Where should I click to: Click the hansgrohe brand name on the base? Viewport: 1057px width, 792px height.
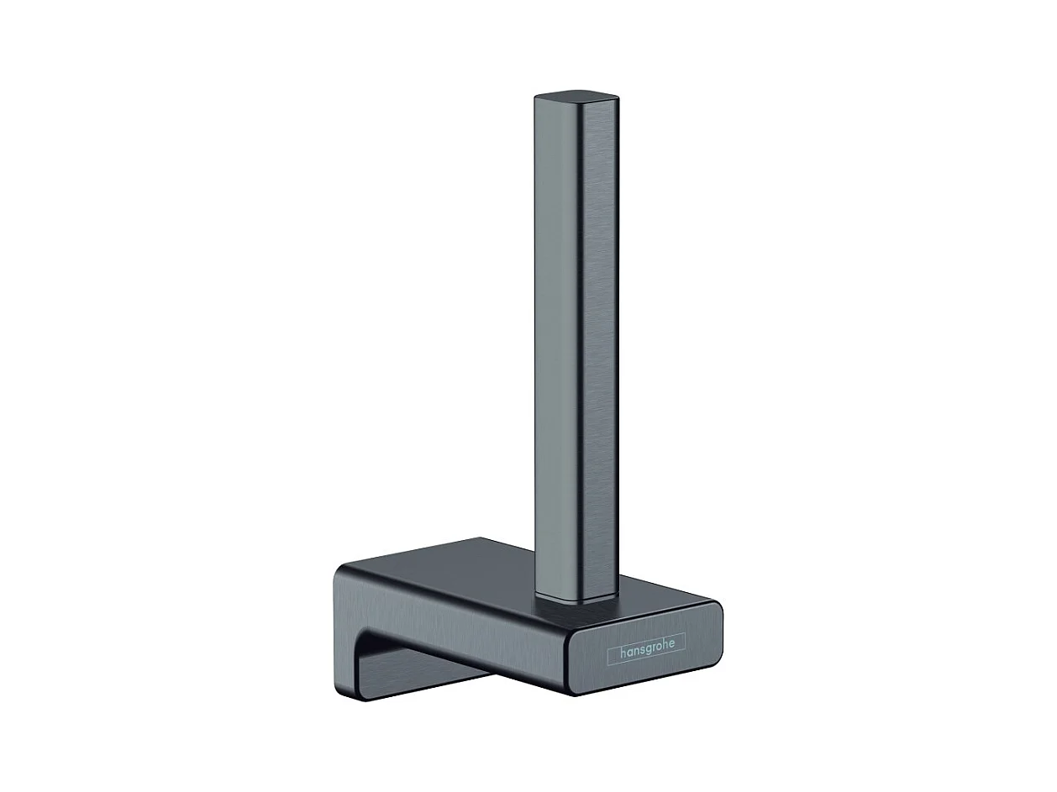point(646,654)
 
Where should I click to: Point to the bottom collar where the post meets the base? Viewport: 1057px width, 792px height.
point(576,600)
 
